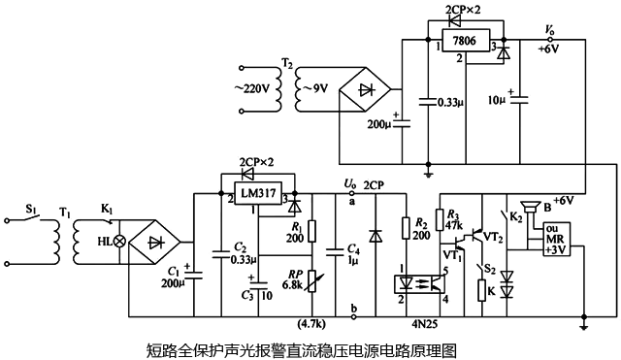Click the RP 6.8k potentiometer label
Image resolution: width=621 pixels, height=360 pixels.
[x=290, y=280]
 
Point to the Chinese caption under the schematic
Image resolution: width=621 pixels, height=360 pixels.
[x=300, y=347]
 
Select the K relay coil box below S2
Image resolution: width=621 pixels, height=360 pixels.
[x=482, y=289]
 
